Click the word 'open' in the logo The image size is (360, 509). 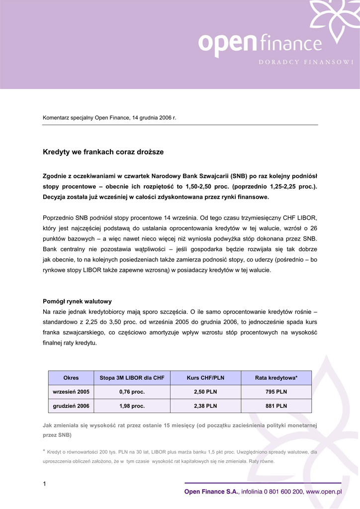[227, 44]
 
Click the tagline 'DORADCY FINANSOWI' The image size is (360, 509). [306, 62]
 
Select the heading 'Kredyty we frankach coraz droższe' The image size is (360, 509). [103, 152]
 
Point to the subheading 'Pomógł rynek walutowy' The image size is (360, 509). [77, 301]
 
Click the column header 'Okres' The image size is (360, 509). [71, 378]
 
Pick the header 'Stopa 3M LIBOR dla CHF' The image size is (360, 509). [132, 378]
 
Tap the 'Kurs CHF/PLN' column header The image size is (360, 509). [205, 378]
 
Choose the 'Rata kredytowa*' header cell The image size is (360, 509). [276, 378]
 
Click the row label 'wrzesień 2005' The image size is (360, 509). [71, 392]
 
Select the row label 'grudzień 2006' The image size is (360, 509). [71, 406]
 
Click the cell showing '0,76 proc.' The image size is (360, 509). [132, 392]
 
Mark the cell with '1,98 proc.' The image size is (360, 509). [132, 406]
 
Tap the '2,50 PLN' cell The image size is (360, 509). [205, 392]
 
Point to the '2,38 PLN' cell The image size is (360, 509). [205, 406]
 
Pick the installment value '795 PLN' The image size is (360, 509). [276, 392]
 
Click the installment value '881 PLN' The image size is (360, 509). [276, 406]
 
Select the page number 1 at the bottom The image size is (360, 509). [44, 484]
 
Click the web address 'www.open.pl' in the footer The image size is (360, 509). [324, 492]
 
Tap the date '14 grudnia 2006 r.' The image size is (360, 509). [154, 118]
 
